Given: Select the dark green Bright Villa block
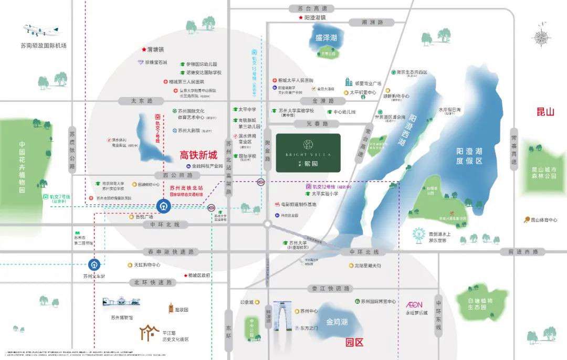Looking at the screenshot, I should (308, 152).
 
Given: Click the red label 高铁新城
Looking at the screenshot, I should (198, 155).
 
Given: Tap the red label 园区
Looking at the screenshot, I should (354, 343).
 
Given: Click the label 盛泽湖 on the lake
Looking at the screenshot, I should (326, 38).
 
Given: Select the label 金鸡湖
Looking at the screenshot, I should (337, 321).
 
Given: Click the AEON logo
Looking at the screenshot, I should (414, 304).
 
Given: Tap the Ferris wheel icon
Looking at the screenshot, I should (419, 235).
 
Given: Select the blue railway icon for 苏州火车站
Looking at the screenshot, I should (95, 264).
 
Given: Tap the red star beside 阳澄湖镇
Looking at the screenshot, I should (300, 17).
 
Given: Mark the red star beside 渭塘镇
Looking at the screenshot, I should (143, 49).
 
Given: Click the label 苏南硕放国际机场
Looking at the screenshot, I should (44, 45).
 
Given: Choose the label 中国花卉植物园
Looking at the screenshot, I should (22, 167).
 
